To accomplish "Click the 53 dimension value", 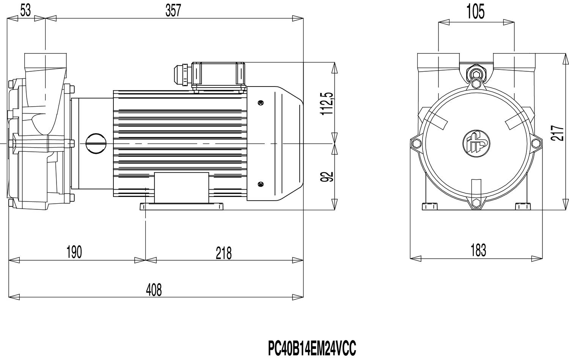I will [25, 11].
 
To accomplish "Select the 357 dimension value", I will [173, 11].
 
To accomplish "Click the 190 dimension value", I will [74, 252].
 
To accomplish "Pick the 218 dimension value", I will [223, 253].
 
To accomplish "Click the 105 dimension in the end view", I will [475, 12].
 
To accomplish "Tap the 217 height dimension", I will [557, 133].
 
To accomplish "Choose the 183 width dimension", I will [478, 250].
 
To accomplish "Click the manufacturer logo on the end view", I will [476, 143].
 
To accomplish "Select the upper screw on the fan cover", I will [260, 102].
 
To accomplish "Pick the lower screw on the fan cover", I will [260, 184].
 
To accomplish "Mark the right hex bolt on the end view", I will [536, 143].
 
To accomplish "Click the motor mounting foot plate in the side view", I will [181, 206].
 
